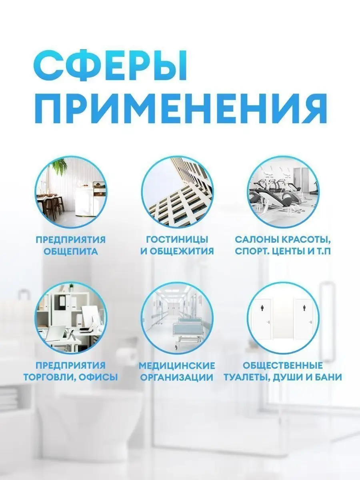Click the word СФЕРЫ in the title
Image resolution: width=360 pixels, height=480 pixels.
pos(110,66)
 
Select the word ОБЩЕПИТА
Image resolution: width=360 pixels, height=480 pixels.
pos(71,252)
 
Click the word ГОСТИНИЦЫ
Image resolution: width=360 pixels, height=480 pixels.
pos(177,240)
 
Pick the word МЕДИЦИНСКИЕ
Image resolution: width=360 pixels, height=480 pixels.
pos(177,365)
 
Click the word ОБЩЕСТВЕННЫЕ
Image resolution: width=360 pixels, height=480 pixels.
pos(283,365)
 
